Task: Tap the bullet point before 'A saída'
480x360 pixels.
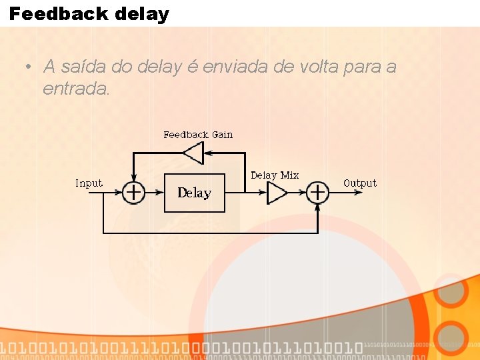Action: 27,67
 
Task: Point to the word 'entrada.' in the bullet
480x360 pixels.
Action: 76,88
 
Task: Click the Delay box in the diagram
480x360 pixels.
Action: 194,193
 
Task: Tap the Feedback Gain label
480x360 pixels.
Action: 198,135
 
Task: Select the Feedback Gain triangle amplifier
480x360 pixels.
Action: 193,153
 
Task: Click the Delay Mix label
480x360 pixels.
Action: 275,175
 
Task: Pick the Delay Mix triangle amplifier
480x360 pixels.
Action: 276,193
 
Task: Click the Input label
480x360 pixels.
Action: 89,183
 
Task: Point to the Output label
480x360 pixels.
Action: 360,183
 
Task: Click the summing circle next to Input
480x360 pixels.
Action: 133,193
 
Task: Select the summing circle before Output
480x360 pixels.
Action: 317,193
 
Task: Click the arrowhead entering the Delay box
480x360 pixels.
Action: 160,193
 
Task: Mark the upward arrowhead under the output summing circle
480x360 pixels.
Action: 317,207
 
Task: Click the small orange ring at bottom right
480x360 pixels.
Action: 453,337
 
